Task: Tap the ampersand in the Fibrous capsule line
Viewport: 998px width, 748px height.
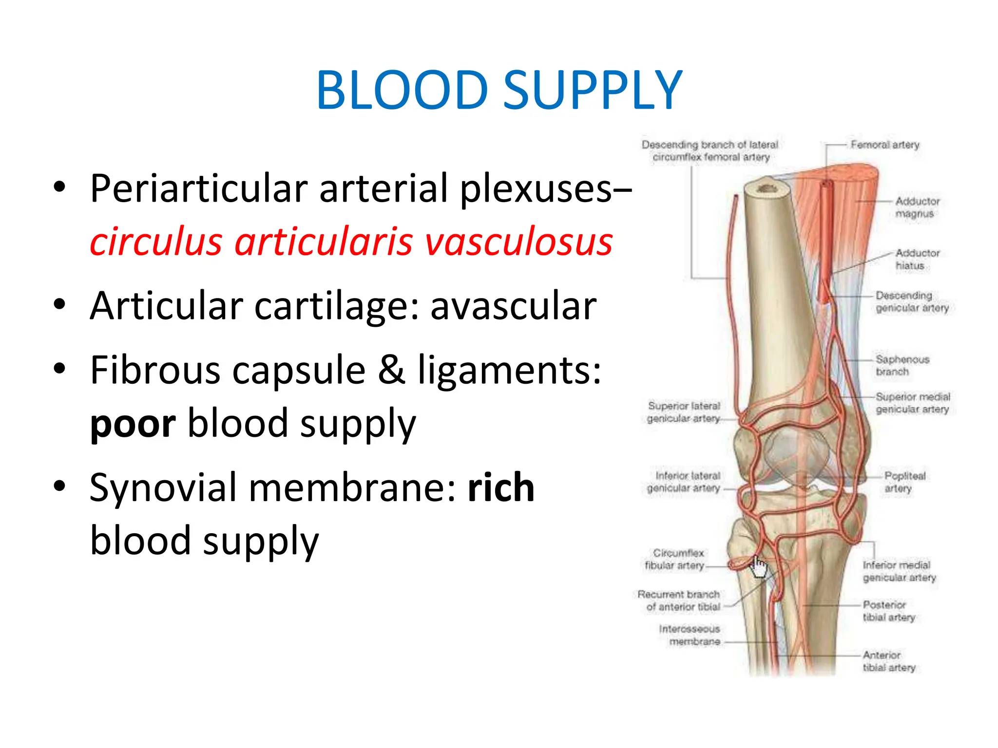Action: click(x=391, y=370)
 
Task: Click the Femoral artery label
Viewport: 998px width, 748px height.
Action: click(x=884, y=145)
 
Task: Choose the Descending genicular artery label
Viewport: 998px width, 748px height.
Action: click(x=911, y=301)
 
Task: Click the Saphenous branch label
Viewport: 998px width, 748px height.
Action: click(x=902, y=365)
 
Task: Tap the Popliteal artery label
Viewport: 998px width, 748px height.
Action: click(x=904, y=482)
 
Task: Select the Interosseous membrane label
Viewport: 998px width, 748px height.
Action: click(x=690, y=635)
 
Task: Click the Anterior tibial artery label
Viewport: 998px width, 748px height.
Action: click(x=888, y=661)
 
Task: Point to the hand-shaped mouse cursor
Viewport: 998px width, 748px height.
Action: click(x=759, y=567)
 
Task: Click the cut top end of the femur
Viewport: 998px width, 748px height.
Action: click(x=768, y=188)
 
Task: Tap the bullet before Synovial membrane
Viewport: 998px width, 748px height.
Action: click(x=59, y=486)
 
